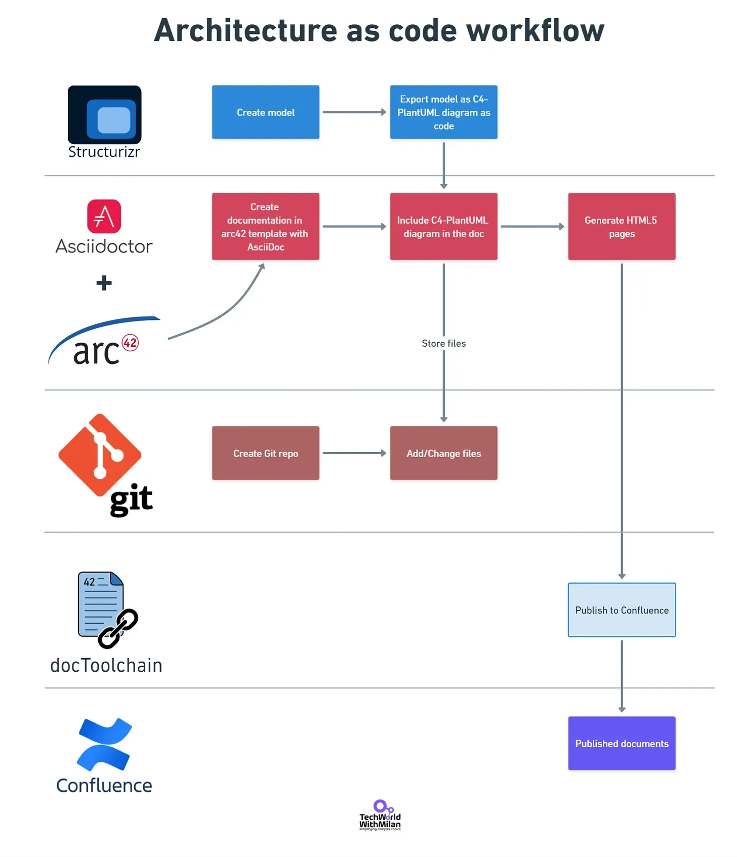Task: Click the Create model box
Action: point(265,112)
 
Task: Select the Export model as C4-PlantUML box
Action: point(443,112)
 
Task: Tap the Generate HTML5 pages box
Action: point(622,226)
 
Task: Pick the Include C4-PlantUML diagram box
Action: point(443,226)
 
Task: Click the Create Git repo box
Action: point(265,453)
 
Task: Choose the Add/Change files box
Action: point(443,453)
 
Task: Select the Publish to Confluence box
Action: point(622,610)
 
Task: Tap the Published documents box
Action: point(622,743)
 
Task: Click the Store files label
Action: point(444,343)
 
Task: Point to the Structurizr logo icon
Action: point(105,115)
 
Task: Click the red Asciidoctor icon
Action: point(104,216)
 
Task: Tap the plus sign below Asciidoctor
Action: point(104,283)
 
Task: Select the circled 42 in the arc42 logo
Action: point(131,343)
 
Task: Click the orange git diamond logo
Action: point(100,455)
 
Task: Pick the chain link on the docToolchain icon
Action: point(118,629)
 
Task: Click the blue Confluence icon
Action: point(104,744)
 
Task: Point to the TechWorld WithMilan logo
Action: point(380,815)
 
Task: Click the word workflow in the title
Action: point(536,30)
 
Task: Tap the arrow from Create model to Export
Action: point(354,112)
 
